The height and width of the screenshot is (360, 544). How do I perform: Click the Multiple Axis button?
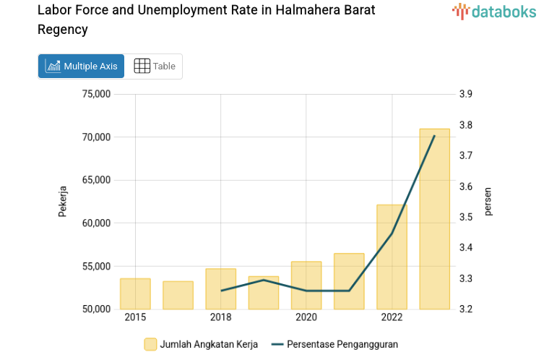click(x=81, y=66)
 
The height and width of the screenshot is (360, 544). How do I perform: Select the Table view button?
click(x=155, y=66)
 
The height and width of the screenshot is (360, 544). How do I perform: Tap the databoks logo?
click(x=494, y=11)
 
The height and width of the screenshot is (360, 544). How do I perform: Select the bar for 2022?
click(x=392, y=257)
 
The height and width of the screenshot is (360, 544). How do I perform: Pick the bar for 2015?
click(x=135, y=293)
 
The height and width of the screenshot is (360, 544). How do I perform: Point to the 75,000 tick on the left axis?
click(x=96, y=94)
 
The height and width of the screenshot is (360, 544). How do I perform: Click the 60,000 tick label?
click(x=96, y=223)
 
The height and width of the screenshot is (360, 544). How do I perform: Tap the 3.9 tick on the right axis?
click(x=465, y=94)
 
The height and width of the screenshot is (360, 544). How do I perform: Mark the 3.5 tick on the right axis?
click(x=465, y=217)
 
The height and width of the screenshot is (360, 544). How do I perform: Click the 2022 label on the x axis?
click(x=392, y=318)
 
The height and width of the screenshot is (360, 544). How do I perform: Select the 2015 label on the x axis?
click(x=135, y=318)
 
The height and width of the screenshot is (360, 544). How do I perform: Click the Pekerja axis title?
click(x=63, y=202)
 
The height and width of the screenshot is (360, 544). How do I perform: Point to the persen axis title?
click(x=488, y=202)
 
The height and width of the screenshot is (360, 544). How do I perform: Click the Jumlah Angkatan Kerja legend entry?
click(x=209, y=344)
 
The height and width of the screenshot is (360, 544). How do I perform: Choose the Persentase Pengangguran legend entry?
click(x=342, y=344)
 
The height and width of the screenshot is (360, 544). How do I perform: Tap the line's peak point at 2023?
click(x=434, y=136)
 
